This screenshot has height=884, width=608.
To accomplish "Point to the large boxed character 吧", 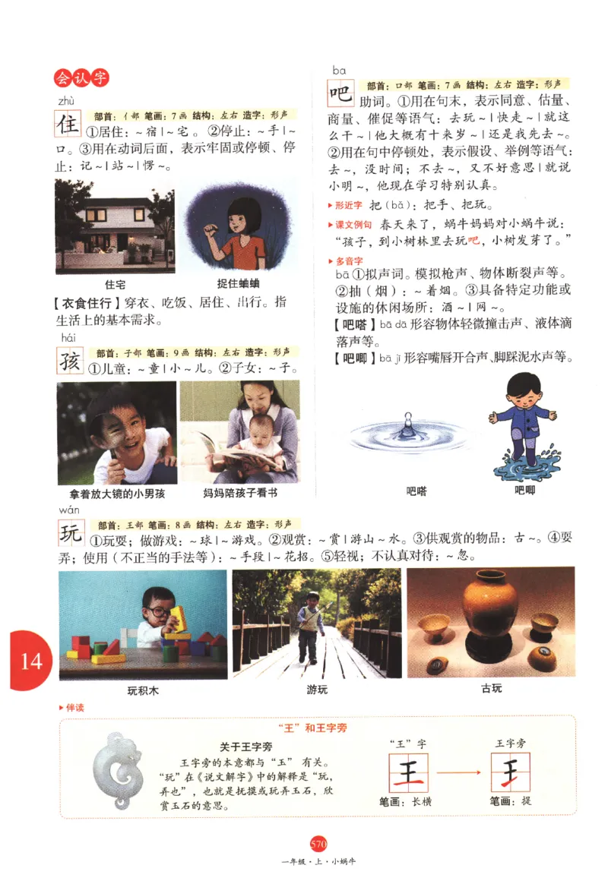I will (340, 94).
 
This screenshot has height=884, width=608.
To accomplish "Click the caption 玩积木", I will (142, 690).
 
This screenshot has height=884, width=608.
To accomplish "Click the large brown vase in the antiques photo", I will (489, 605).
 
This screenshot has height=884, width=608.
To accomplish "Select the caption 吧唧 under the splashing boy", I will (524, 491).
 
